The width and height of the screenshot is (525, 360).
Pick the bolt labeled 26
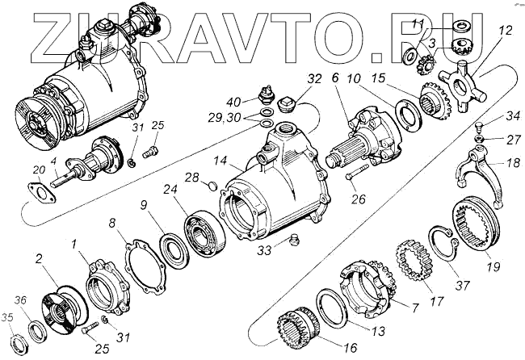point(359,172)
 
